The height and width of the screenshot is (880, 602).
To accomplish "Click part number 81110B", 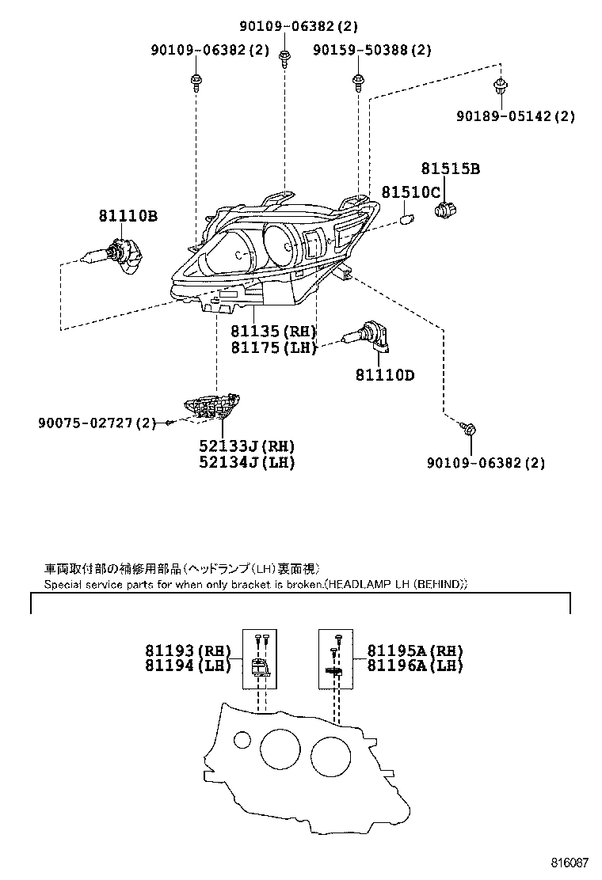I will click(128, 215).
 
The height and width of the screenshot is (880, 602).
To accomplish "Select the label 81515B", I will click(450, 169).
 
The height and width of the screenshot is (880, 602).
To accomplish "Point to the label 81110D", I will click(384, 375).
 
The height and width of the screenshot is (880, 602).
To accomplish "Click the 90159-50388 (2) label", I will click(371, 50).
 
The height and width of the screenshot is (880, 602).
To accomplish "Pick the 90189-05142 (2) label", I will click(515, 116).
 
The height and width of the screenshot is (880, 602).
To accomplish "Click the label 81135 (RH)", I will click(273, 332).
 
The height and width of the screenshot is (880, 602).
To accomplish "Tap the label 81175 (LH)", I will click(273, 347).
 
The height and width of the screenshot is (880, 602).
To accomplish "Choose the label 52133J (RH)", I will click(246, 446).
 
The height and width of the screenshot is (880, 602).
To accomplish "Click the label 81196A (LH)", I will click(415, 666).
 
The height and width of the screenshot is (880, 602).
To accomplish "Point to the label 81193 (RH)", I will click(186, 651).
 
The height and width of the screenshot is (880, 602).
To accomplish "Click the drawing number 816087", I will click(570, 862).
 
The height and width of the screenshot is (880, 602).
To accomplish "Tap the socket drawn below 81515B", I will click(444, 209).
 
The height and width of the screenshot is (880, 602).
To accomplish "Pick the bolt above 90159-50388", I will click(359, 81).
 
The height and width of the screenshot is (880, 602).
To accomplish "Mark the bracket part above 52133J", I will click(212, 406).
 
